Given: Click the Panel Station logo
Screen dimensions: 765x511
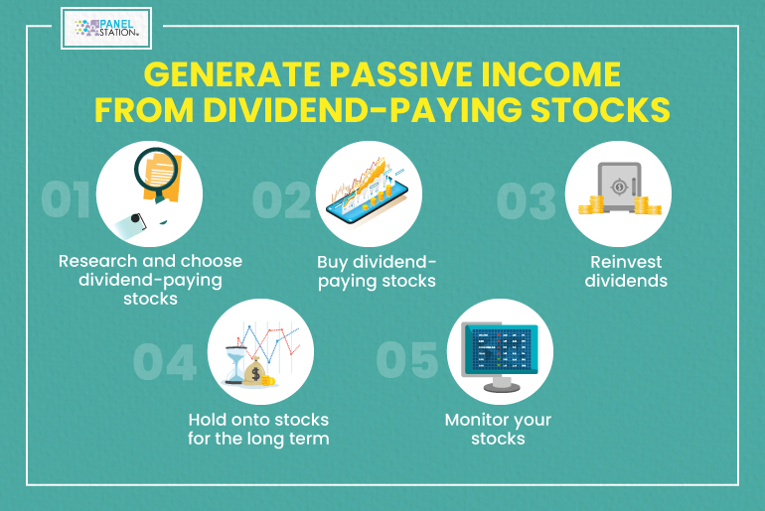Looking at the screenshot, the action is (x=106, y=28).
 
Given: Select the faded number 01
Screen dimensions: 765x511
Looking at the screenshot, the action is (x=66, y=199).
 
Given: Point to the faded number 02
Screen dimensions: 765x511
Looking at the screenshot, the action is (x=281, y=199).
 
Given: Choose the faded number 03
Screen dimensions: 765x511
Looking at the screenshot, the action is (x=527, y=200).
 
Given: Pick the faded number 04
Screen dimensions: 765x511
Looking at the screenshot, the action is (x=165, y=361).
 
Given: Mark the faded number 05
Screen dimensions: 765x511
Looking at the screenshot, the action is (x=407, y=359).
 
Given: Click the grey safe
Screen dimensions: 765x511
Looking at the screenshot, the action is (x=619, y=187).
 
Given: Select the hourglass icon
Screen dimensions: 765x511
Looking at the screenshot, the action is (x=235, y=365).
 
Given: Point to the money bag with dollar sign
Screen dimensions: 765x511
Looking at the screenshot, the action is (x=254, y=372).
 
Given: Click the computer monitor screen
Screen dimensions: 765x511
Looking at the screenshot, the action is (x=501, y=350).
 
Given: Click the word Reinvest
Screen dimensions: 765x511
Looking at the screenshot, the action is (x=626, y=262).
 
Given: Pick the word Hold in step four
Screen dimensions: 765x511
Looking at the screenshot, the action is (x=207, y=420).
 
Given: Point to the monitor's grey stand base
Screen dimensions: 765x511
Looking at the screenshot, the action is (x=501, y=387).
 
